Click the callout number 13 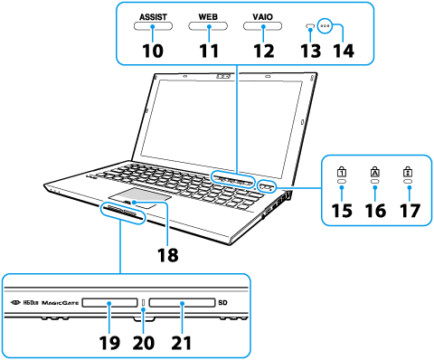point(310,50)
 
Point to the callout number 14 point(344,50)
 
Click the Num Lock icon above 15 point(342,172)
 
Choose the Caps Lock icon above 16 point(375,172)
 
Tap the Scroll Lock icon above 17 point(409,172)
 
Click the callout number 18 point(168,255)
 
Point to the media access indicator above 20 point(143,303)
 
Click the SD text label point(222,303)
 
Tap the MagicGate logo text point(60,303)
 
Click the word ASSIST point(153,17)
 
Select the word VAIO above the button point(263,17)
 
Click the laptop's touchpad point(140,195)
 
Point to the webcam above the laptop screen point(223,76)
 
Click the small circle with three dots point(325,26)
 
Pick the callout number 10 point(153,50)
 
